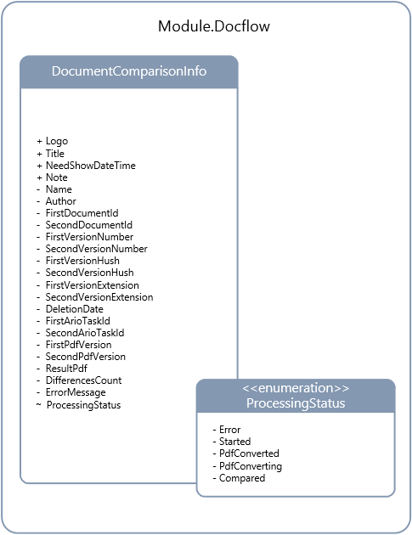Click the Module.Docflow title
[x=214, y=26]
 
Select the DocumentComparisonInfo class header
[x=129, y=71]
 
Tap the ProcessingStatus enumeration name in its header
[x=296, y=403]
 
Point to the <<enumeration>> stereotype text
[x=296, y=388]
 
